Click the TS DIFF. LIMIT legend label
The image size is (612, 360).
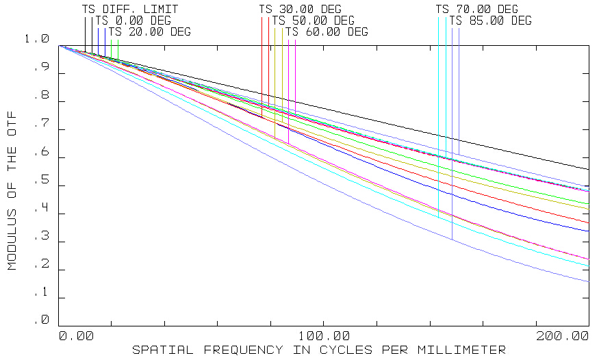(x=130, y=10)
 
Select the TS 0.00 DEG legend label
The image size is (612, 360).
(x=133, y=21)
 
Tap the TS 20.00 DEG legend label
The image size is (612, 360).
(x=150, y=31)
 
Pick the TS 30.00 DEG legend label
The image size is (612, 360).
(x=300, y=10)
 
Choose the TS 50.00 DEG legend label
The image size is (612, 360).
(x=314, y=21)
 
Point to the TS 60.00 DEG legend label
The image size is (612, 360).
(x=327, y=31)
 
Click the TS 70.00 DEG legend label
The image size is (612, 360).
(x=477, y=10)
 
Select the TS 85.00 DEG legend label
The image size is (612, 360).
(x=490, y=21)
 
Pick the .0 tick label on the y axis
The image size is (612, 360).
(x=42, y=320)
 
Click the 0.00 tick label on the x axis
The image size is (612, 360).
(x=75, y=336)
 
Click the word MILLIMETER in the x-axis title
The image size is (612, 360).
(x=466, y=350)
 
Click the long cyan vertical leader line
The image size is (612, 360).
(x=439, y=116)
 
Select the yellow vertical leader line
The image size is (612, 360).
(x=282, y=75)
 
